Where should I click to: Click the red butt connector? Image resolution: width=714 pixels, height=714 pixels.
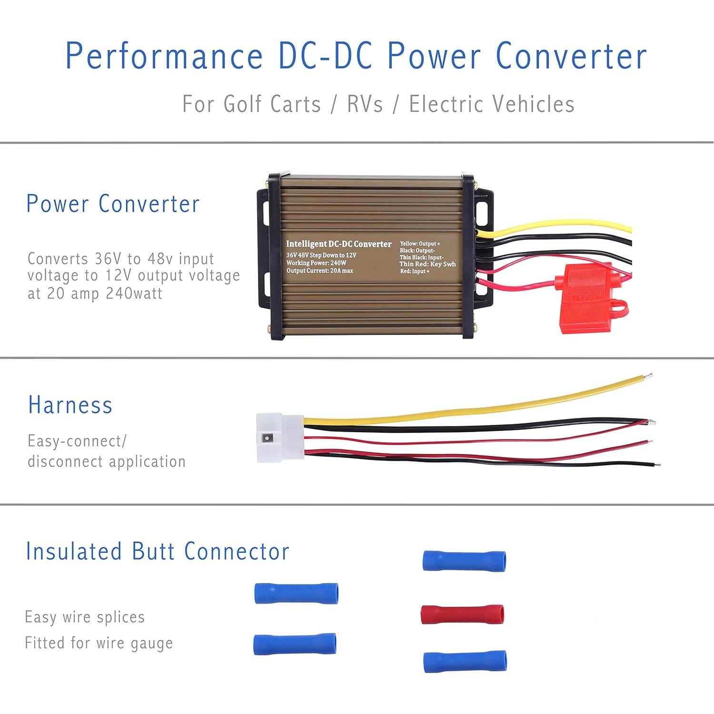tap(462, 614)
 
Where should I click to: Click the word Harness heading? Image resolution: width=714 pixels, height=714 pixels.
tap(70, 405)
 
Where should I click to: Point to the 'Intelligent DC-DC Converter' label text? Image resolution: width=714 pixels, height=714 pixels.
tap(338, 244)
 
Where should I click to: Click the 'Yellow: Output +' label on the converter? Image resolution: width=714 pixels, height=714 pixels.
tap(420, 244)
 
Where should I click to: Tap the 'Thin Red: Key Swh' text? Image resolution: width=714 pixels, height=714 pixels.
tap(427, 264)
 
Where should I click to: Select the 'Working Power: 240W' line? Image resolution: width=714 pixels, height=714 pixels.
tap(316, 263)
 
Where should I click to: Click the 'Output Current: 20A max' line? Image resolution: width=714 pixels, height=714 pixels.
tap(319, 271)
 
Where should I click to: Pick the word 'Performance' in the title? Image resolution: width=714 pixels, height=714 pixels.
tap(164, 56)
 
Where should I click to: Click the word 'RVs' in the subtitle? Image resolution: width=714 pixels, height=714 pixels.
tap(365, 104)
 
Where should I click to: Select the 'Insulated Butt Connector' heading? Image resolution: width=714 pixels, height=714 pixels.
tap(158, 551)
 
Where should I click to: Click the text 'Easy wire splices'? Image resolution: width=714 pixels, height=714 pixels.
tap(85, 617)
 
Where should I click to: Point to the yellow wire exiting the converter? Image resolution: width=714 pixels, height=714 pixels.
tap(562, 228)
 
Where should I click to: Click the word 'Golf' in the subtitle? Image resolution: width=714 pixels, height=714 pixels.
tap(241, 104)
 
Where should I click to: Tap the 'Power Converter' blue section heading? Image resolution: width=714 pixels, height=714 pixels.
tap(113, 204)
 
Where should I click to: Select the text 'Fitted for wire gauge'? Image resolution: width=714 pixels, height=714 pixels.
tap(99, 643)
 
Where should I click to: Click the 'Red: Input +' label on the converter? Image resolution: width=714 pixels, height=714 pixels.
tap(415, 271)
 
